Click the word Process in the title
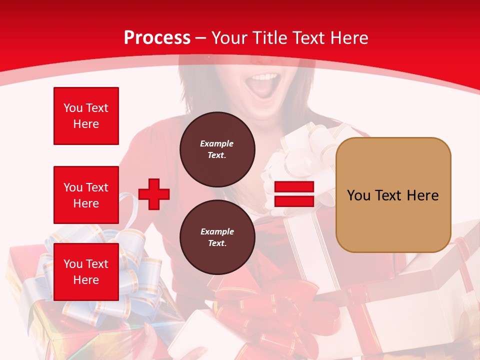[157, 38]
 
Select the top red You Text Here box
[86, 116]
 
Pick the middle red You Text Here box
[86, 195]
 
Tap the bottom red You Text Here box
[86, 272]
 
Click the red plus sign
[154, 194]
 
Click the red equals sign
[294, 194]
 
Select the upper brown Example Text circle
[217, 149]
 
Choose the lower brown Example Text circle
[217, 237]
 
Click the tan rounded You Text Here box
[393, 195]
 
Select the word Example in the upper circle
[217, 143]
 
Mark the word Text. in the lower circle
[217, 243]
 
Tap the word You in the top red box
[73, 108]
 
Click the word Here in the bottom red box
[86, 280]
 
